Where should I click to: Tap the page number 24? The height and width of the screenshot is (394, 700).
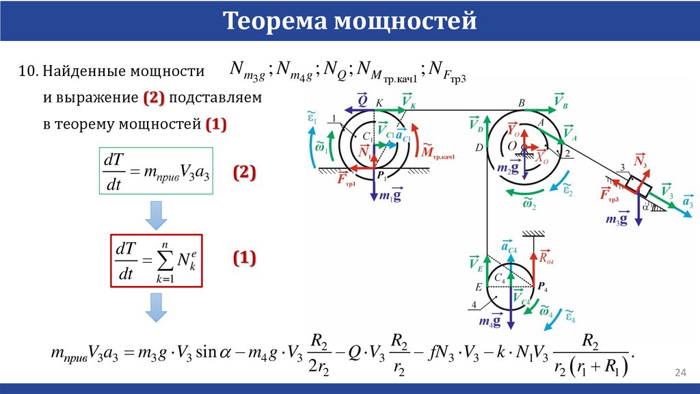679,372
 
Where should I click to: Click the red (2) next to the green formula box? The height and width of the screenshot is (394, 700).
245,173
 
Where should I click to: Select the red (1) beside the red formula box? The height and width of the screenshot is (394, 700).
245,258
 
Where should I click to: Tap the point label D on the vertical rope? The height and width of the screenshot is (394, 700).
479,147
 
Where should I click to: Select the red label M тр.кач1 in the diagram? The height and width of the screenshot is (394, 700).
438,152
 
